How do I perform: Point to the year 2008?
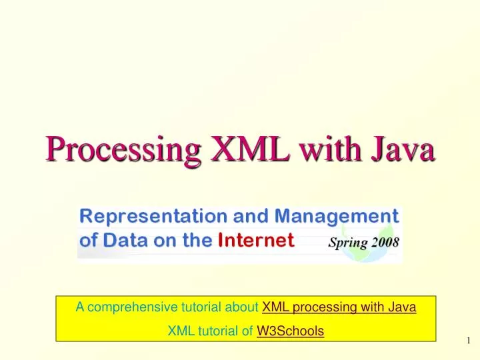pos(385,242)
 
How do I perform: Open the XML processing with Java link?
pos(339,307)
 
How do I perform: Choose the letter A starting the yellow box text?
pos(79,307)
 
